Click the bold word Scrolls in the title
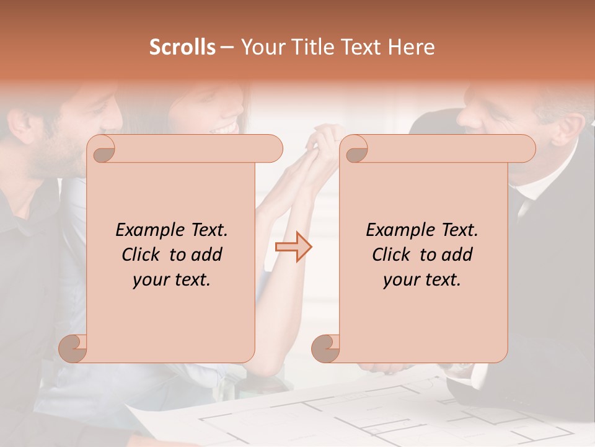click(x=183, y=47)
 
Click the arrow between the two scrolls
click(x=294, y=247)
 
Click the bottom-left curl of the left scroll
click(x=73, y=348)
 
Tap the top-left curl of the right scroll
click(x=355, y=148)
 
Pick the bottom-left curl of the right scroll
click(x=325, y=348)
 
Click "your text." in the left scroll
click(x=172, y=280)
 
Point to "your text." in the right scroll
click(x=422, y=280)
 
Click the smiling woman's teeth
click(x=226, y=129)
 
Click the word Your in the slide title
click(x=262, y=47)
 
